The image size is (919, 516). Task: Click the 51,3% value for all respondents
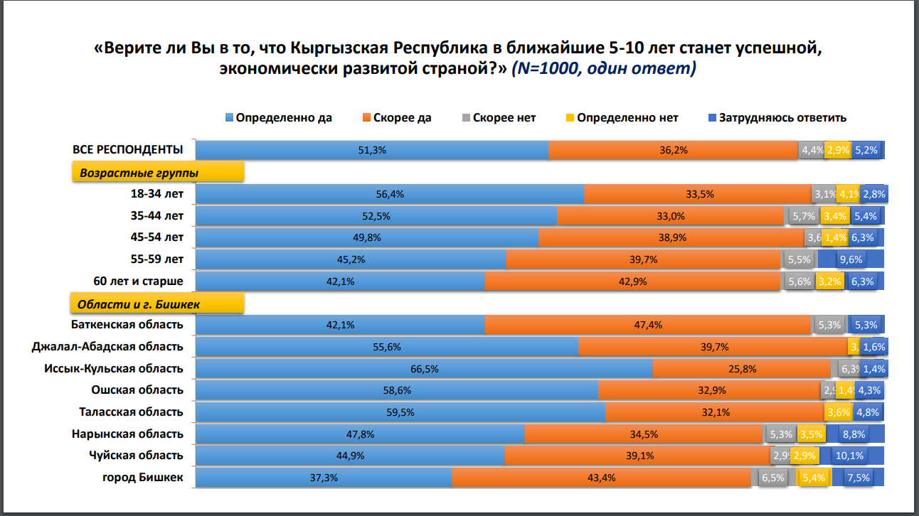click(372, 150)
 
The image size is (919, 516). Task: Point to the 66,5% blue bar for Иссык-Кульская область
click(424, 369)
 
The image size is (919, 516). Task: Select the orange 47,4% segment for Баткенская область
click(648, 325)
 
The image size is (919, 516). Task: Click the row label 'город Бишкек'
click(143, 478)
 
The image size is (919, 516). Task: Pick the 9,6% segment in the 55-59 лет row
click(851, 259)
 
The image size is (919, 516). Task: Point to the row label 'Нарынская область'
click(127, 434)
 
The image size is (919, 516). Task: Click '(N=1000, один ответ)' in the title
click(603, 69)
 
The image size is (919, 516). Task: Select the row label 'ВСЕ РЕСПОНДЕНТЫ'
click(128, 149)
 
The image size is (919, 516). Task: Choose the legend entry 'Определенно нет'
click(627, 118)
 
